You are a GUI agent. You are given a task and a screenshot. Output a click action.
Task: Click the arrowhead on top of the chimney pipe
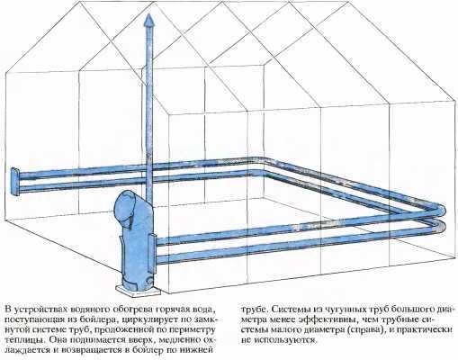pos(149,22)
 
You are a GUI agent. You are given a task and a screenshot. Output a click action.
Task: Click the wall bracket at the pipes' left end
pos(15,182)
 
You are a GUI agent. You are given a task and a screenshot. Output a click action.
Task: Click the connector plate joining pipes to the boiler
pos(152,253)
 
